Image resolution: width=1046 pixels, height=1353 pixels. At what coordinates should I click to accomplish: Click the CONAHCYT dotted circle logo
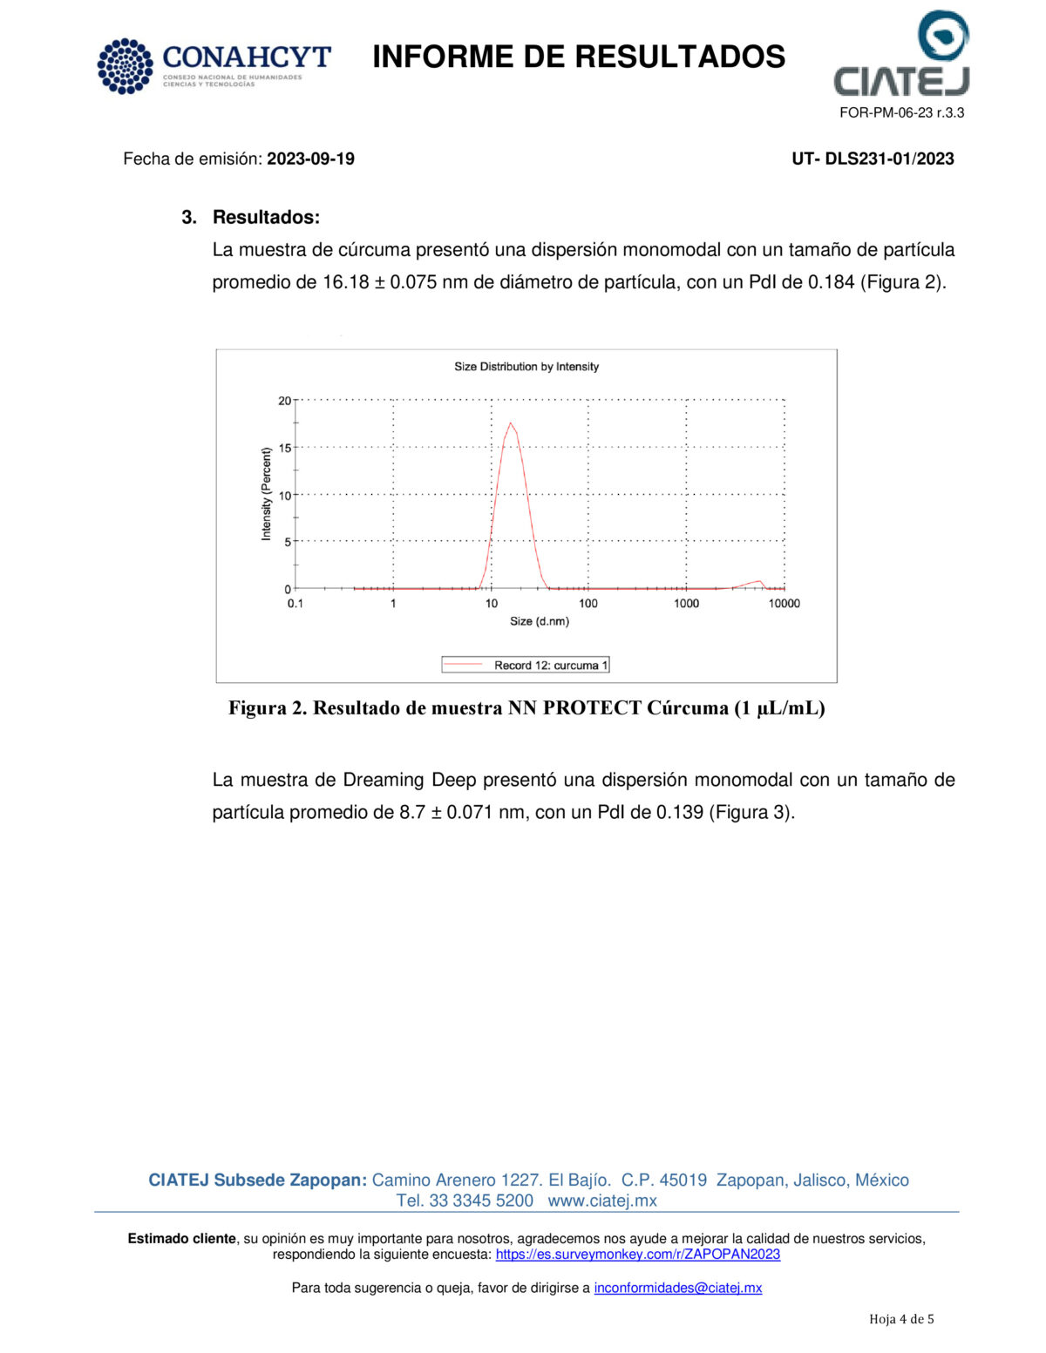click(126, 66)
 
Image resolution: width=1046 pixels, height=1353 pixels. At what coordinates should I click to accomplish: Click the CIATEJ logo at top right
click(902, 54)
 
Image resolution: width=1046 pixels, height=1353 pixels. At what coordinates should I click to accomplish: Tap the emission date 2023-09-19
click(310, 159)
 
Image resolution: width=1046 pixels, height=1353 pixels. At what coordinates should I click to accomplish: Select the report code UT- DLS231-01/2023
click(873, 159)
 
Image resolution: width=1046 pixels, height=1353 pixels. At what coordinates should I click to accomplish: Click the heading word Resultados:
click(266, 217)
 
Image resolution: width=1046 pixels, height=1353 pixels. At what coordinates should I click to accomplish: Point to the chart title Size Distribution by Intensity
click(526, 367)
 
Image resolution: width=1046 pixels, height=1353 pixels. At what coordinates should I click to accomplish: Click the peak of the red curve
click(510, 423)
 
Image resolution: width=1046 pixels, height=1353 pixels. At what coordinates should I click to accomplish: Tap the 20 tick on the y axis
click(285, 401)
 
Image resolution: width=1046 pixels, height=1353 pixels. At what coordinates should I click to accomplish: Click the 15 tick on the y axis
click(285, 448)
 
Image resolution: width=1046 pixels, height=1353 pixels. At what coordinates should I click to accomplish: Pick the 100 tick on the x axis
click(588, 603)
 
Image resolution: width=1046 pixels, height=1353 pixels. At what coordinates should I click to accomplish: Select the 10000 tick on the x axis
click(784, 603)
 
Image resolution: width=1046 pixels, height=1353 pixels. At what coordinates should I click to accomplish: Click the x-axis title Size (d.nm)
click(540, 621)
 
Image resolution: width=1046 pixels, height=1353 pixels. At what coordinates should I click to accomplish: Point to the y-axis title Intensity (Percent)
click(267, 494)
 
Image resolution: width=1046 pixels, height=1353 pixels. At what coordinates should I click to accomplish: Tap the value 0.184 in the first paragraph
click(831, 282)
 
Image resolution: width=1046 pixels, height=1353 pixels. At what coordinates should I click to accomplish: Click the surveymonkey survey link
click(638, 1255)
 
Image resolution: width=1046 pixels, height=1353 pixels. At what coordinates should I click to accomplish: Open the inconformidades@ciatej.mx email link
click(678, 1288)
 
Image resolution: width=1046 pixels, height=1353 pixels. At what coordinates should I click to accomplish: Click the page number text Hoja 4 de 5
click(901, 1319)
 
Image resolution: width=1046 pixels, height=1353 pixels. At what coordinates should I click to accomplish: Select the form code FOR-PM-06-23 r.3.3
click(901, 112)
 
